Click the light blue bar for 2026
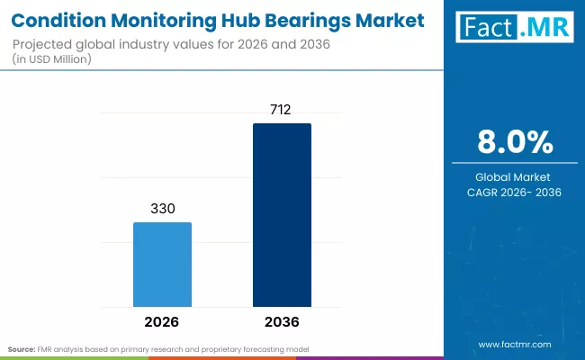coord(162,264)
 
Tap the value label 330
coord(162,207)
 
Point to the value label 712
coord(282,109)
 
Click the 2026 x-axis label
coord(162,321)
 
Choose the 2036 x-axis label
coord(282,321)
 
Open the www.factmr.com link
coord(515,345)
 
